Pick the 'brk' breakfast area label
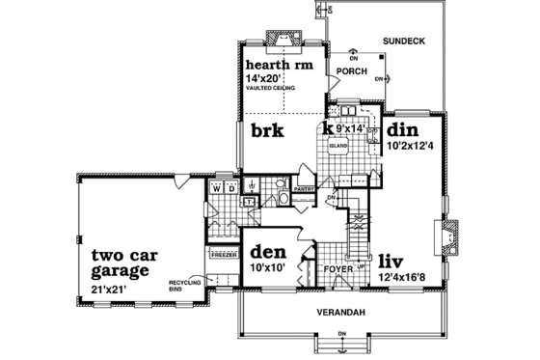(x=266, y=130)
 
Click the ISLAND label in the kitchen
(x=338, y=145)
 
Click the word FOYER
(x=337, y=269)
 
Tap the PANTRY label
(x=306, y=189)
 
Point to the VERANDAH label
(x=339, y=315)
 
